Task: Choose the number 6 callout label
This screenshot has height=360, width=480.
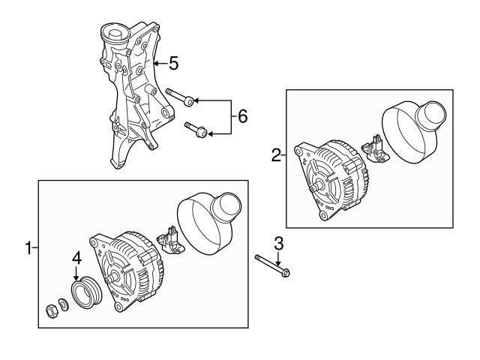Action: [x=242, y=115]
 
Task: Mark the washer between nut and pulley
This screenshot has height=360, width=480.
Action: [x=64, y=304]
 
